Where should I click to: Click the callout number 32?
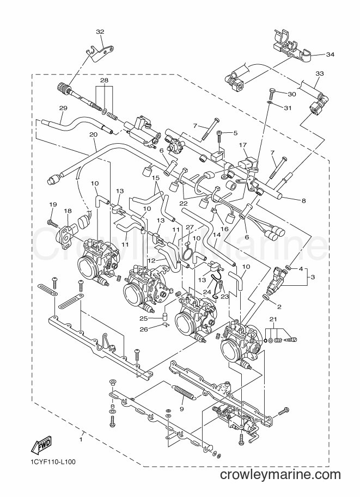[100, 32]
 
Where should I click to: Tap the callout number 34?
[330, 54]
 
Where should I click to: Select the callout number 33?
[320, 73]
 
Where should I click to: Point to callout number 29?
[63, 108]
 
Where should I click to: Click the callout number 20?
[93, 134]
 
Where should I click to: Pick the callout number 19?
[53, 205]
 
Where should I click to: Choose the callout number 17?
[243, 145]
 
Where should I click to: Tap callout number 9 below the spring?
[182, 409]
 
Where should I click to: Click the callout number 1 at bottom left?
[81, 440]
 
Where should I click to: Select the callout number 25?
[143, 317]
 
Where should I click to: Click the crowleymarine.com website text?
[280, 475]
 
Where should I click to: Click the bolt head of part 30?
[272, 91]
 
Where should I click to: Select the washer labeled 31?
[269, 103]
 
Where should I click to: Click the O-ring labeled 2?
[265, 297]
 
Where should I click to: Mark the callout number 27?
[190, 227]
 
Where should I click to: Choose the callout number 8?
[303, 200]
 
